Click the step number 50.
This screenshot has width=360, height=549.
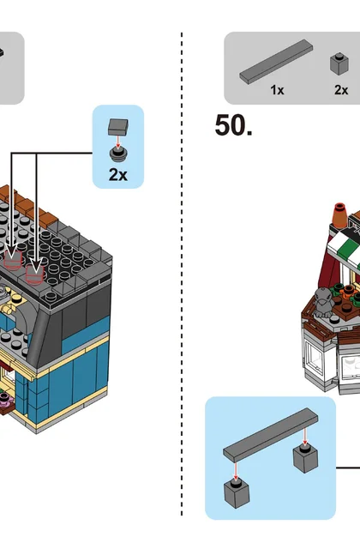[233, 125]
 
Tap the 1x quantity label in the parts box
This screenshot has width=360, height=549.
[277, 90]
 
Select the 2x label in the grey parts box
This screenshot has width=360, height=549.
[341, 90]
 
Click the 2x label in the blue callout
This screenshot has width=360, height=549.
[118, 174]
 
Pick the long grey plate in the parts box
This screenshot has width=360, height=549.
[276, 62]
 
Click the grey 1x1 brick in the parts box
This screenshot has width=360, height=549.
[339, 63]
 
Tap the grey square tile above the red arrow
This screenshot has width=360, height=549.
[118, 127]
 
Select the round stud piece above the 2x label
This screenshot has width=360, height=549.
[118, 154]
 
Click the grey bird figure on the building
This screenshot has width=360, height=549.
[323, 303]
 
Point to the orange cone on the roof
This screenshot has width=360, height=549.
[339, 214]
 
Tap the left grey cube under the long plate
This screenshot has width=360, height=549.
[237, 493]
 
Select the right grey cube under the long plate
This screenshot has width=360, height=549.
[305, 458]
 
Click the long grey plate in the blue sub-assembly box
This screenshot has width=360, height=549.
[271, 435]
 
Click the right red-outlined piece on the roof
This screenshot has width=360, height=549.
[34, 274]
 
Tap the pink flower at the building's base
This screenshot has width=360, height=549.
[4, 399]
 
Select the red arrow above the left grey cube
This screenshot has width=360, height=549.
[236, 471]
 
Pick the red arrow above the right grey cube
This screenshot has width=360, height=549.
[305, 436]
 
